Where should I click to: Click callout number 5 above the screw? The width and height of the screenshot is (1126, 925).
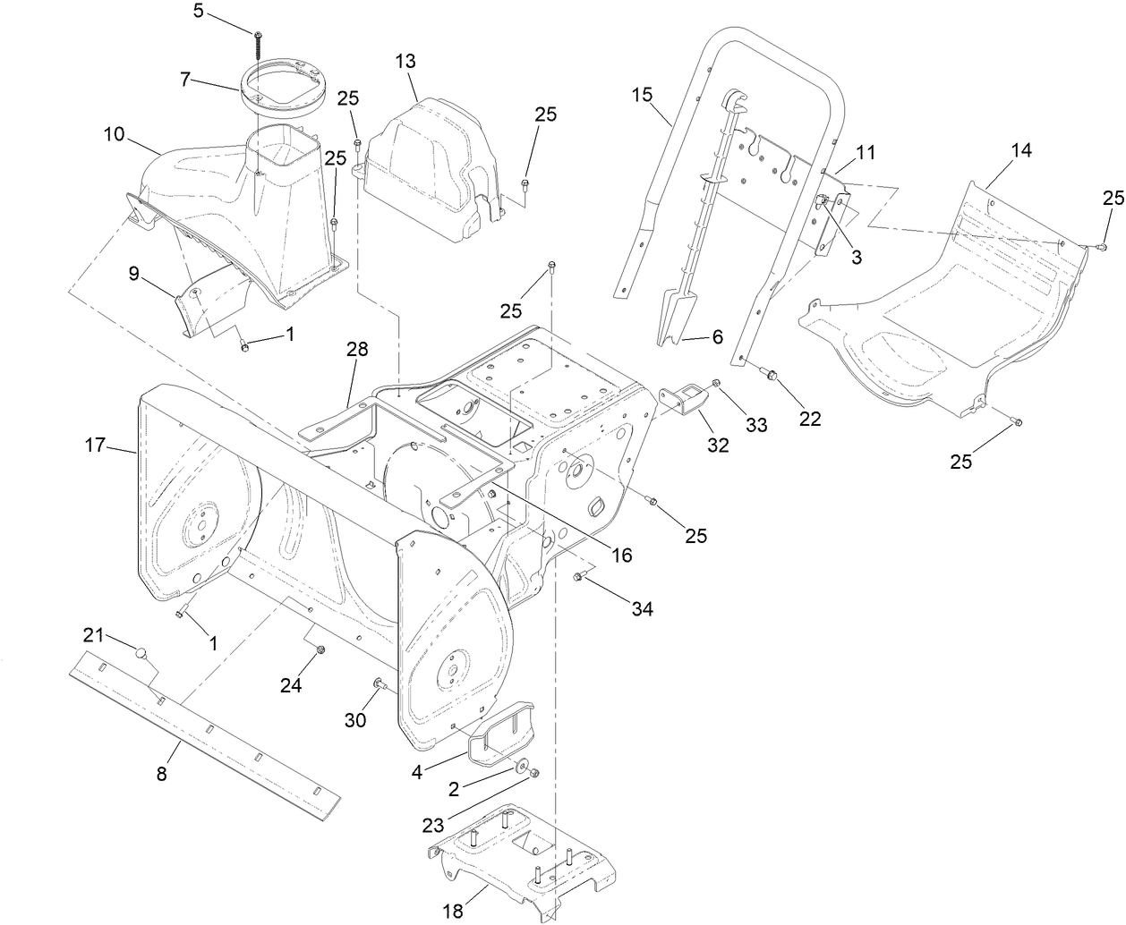point(199,11)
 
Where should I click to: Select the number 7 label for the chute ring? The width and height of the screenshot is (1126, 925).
point(185,80)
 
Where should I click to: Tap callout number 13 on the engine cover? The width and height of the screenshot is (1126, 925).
point(405,61)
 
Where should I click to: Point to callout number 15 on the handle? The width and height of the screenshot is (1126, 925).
point(642,94)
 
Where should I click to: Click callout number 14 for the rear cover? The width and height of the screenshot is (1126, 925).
point(1020,150)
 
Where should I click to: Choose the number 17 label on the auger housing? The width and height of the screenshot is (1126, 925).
point(96,445)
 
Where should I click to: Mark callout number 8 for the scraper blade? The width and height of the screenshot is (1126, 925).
point(161,775)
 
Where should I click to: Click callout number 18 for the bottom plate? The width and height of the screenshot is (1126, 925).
point(453,911)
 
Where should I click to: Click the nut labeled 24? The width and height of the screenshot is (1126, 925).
point(320,650)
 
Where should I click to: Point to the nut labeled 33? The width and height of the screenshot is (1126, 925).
point(715,384)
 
